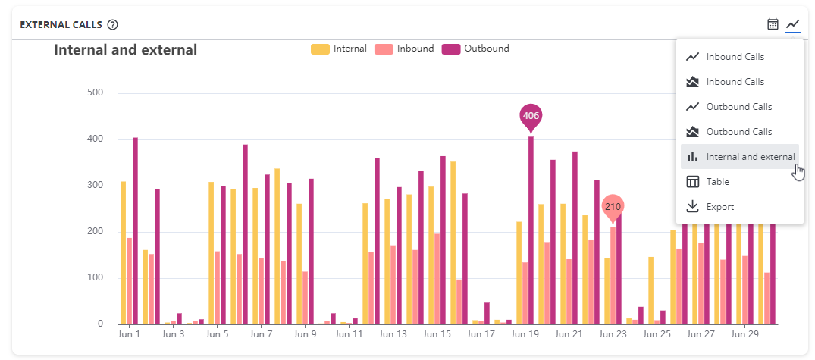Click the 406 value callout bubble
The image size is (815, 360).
[531, 116]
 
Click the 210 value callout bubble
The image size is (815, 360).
[613, 206]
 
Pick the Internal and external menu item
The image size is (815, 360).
[739, 157]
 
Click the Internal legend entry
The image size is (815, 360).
[339, 49]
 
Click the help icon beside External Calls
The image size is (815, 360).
[113, 24]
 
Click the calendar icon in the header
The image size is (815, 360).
[773, 24]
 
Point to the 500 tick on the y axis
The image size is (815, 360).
[96, 93]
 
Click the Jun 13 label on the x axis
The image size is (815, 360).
[393, 333]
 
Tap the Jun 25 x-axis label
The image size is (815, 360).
[656, 333]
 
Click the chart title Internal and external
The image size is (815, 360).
[125, 50]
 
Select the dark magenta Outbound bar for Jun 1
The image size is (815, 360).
[135, 230]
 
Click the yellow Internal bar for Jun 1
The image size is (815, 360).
[124, 252]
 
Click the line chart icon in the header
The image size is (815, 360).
[792, 24]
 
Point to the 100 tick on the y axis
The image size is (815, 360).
[96, 278]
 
